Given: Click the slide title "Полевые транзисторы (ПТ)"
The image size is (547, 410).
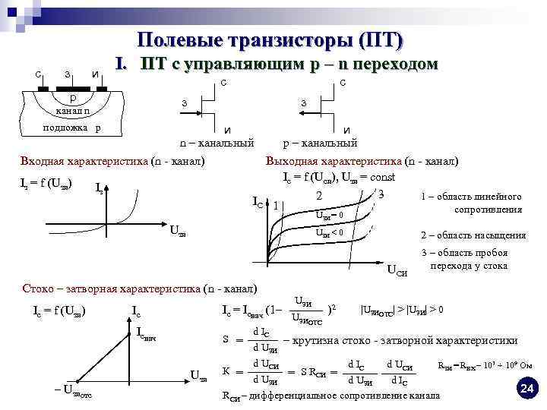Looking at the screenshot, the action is pos(270,39).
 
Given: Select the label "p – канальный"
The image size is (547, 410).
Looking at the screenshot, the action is pos(320,142).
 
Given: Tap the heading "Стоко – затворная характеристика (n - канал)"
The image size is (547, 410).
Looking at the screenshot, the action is pos(141,289).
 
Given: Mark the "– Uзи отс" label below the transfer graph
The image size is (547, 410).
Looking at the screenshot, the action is pos(72,390).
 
